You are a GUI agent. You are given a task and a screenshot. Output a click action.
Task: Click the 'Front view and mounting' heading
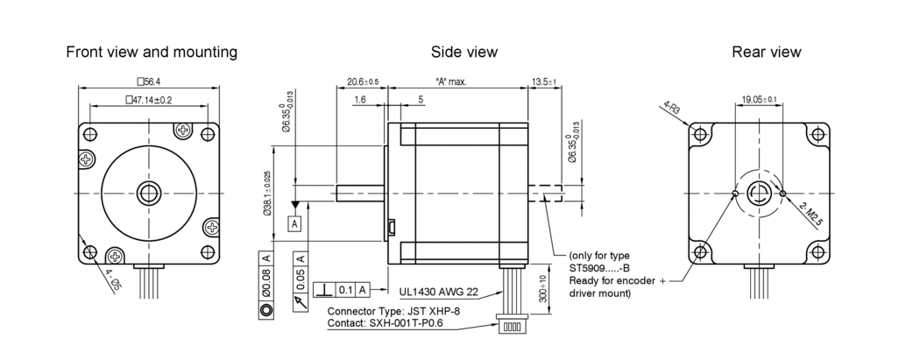click(152, 52)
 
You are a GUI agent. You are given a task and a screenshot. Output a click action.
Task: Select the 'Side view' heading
click(464, 52)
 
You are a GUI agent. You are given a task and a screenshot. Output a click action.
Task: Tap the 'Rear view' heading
click(766, 52)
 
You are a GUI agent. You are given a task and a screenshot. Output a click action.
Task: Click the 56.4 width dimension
click(146, 81)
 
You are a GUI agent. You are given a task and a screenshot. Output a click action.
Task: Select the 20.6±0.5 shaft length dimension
click(362, 81)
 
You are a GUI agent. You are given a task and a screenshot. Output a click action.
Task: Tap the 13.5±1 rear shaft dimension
click(544, 81)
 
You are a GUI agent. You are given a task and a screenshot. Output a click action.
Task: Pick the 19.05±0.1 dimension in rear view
click(759, 100)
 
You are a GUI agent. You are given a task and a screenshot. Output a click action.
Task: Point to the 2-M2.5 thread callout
click(810, 214)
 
